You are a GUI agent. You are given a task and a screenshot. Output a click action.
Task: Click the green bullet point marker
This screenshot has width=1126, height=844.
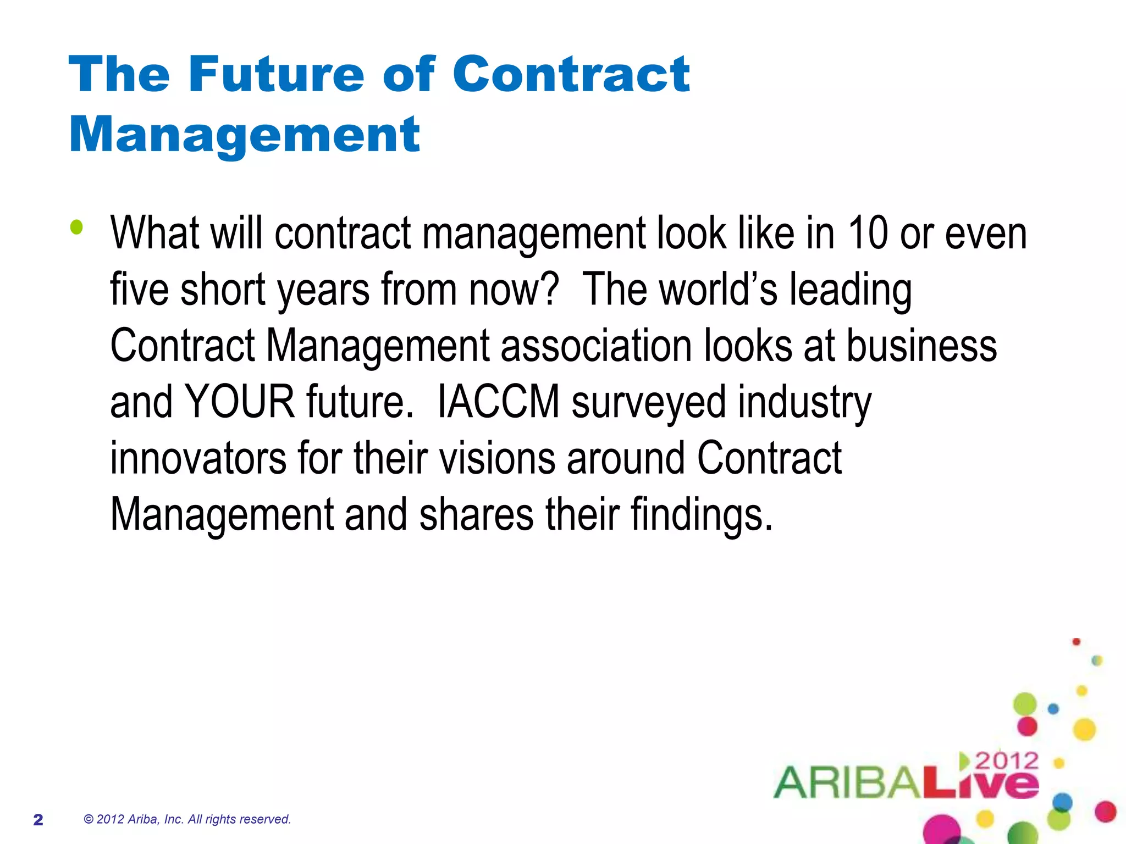tap(77, 227)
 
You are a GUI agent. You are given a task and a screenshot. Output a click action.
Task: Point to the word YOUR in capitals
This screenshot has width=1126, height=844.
tap(240, 402)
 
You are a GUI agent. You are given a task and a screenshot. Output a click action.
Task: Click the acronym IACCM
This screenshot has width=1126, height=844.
tap(498, 402)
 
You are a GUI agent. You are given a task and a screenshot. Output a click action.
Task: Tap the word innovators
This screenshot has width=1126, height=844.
tap(198, 458)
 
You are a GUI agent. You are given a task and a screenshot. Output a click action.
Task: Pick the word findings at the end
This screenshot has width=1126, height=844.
tap(702, 515)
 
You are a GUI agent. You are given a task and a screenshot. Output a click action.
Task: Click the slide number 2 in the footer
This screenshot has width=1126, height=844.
tap(38, 819)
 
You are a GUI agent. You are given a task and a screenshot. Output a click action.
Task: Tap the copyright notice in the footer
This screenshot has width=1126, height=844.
tap(187, 819)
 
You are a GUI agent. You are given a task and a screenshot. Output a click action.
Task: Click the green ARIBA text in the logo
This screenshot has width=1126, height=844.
tap(847, 782)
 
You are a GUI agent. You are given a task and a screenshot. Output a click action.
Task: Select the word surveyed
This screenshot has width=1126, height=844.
tap(648, 402)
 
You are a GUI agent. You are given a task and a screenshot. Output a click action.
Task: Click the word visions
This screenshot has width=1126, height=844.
tap(498, 458)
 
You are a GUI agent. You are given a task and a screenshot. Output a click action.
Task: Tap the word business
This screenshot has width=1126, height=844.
tap(921, 346)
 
